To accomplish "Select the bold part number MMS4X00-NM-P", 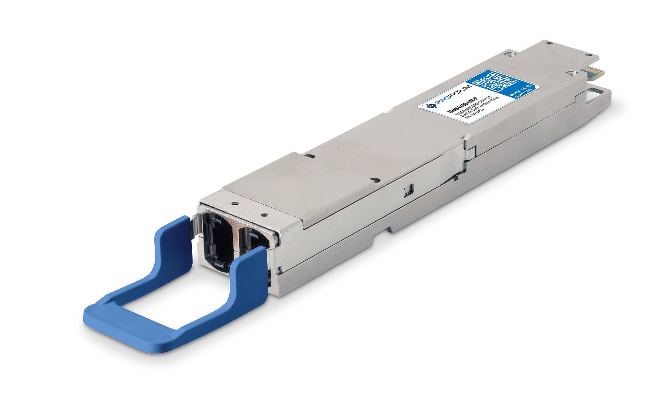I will coord(459,106).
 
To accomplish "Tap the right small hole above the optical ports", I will coord(264,215).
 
